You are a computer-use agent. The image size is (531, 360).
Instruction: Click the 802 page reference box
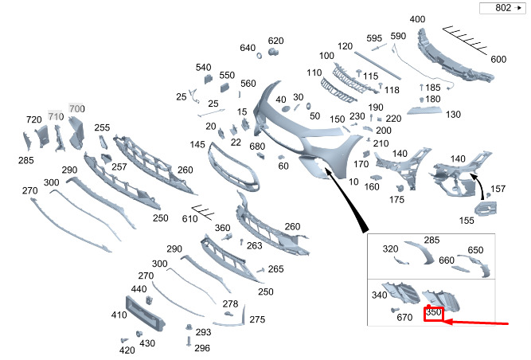[x=502, y=8]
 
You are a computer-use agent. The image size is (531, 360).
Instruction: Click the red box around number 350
[x=433, y=313]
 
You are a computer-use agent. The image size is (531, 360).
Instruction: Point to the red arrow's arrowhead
[x=448, y=321]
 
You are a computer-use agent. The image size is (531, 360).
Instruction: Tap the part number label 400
[x=417, y=19]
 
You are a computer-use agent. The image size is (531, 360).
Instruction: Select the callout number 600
[x=498, y=59]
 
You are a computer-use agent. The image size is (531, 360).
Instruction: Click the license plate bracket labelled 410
[x=145, y=314]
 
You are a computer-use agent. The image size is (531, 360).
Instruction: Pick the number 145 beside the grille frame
[x=197, y=145]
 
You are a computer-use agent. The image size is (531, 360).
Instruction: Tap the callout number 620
[x=275, y=41]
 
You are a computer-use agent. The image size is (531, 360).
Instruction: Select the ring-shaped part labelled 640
[x=260, y=55]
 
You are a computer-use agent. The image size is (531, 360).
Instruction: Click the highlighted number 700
[x=77, y=108]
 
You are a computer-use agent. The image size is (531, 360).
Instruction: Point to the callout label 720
[x=34, y=119]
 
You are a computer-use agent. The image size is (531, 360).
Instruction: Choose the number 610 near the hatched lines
[x=189, y=219]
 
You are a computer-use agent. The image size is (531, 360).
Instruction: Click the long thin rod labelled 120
[x=377, y=65]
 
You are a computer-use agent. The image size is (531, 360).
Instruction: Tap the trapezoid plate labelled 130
[x=424, y=110]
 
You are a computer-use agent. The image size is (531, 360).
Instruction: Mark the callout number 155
[x=467, y=221]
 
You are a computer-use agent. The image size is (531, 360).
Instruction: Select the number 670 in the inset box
[x=404, y=317]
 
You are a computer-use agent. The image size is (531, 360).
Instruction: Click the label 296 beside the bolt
[x=202, y=348]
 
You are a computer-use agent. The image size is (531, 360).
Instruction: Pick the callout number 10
[x=353, y=182]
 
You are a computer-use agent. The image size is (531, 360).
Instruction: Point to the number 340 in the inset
[x=379, y=295]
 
